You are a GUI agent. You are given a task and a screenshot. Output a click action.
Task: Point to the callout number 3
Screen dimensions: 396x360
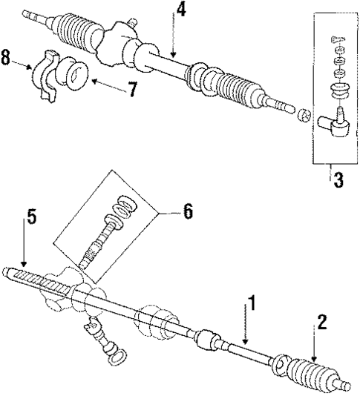(x=338, y=180)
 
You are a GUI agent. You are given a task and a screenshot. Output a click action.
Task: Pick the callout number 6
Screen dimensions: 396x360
(x=188, y=211)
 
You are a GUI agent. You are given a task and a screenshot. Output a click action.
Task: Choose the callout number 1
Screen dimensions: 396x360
(x=252, y=303)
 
